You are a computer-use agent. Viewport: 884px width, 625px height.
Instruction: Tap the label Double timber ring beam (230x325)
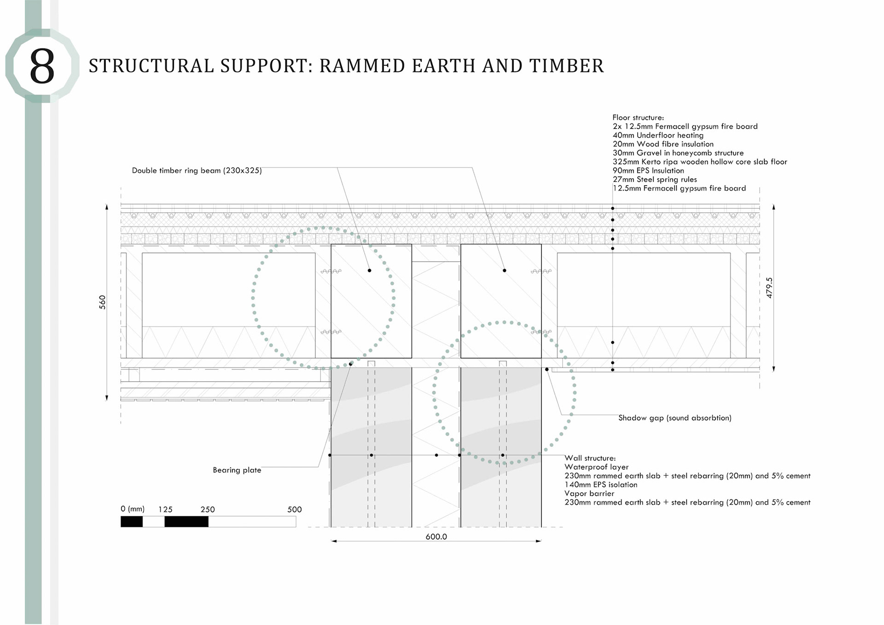[197, 170]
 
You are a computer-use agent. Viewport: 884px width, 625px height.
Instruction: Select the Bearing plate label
[237, 470]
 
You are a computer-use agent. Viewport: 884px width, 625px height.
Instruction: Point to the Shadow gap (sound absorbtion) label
[675, 418]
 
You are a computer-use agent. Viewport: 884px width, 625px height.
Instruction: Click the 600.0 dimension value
[436, 537]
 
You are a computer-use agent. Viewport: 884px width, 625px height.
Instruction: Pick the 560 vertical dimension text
[102, 302]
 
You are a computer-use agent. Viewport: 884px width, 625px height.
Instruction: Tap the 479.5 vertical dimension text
[769, 287]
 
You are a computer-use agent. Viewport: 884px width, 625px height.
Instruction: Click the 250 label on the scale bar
[208, 509]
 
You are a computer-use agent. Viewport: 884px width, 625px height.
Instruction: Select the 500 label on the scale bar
[294, 509]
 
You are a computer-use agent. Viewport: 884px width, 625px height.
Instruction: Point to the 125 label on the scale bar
[165, 509]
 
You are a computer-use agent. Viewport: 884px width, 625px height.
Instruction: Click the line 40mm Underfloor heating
[658, 135]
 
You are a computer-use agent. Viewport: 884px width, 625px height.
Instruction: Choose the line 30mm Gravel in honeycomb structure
[678, 153]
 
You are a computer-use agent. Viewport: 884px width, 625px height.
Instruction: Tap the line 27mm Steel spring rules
[654, 179]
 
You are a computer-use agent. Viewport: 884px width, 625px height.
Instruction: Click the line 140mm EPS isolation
[601, 485]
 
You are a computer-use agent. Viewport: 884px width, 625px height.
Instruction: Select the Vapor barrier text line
[589, 493]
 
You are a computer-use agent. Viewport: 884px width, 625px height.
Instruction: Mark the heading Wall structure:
[590, 458]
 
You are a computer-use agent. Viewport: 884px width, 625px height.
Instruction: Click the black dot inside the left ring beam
[369, 270]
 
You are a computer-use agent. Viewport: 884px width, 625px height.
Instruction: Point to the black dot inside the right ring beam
[505, 270]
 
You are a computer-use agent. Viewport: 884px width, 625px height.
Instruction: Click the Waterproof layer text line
[596, 467]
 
